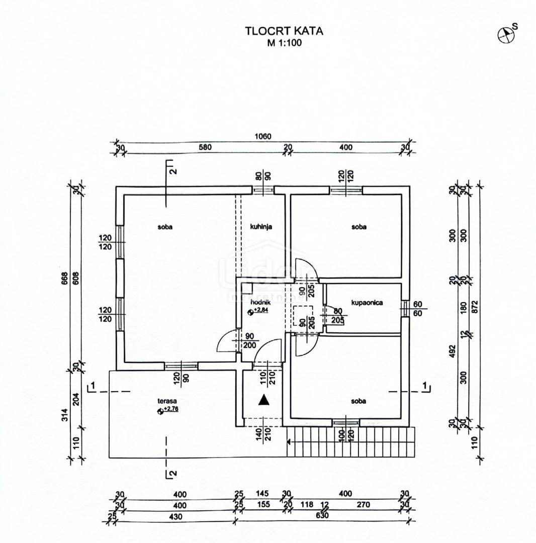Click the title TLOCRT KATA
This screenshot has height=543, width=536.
coord(284,31)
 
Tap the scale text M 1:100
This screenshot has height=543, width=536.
coord(284,43)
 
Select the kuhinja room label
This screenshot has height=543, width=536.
coord(261,227)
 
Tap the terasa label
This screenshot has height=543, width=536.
coord(168,402)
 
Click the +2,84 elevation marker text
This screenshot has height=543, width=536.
coord(261,311)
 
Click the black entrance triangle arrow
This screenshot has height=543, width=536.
coord(263,400)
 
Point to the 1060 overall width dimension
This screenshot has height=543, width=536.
coord(263,136)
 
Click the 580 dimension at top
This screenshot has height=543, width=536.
coord(205,147)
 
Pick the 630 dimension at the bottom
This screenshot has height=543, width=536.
coord(322,516)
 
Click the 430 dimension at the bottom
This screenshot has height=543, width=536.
coord(175,516)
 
